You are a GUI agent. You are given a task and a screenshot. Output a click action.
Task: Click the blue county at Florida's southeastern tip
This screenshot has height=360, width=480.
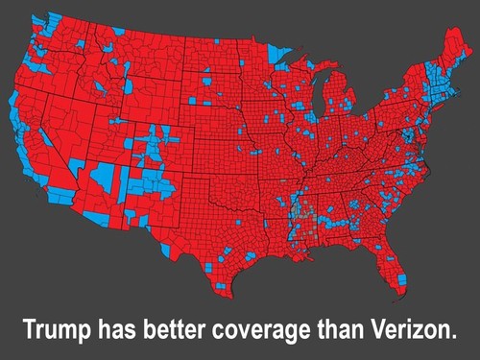tap(401, 279)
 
